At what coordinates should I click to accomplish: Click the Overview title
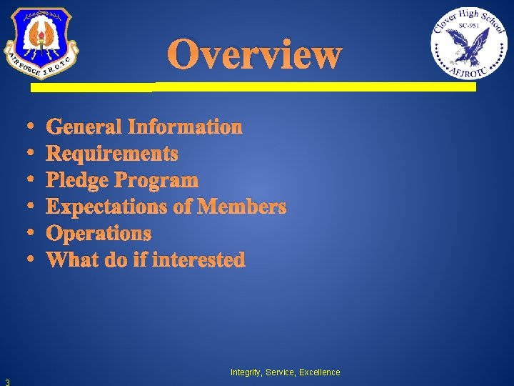click(255, 54)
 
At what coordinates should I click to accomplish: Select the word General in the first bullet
click(84, 127)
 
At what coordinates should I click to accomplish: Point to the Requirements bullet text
click(112, 154)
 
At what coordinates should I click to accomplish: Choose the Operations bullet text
click(99, 233)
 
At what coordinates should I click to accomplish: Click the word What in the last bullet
click(72, 259)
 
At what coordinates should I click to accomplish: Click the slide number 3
click(6, 381)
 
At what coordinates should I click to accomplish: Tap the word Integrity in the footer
click(245, 372)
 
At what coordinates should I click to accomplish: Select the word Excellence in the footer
click(319, 372)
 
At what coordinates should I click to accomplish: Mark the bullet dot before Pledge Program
click(34, 180)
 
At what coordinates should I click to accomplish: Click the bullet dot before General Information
click(34, 127)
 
